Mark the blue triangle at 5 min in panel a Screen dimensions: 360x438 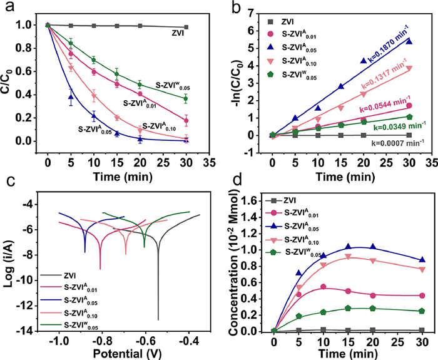coord(71,97)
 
